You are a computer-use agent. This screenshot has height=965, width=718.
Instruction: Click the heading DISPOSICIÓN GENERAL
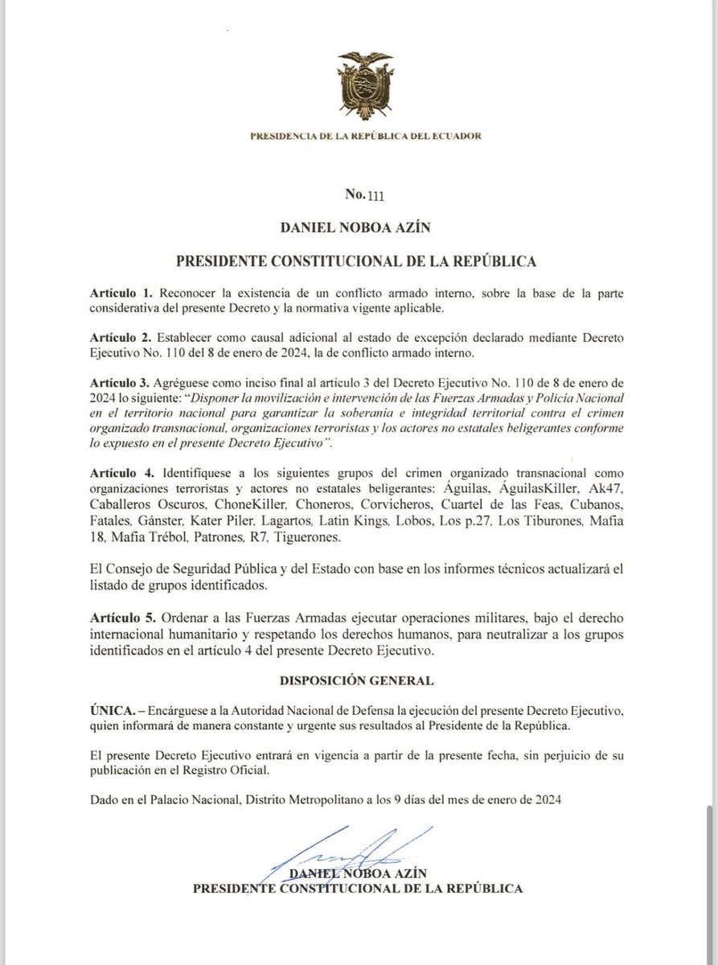(357, 680)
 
